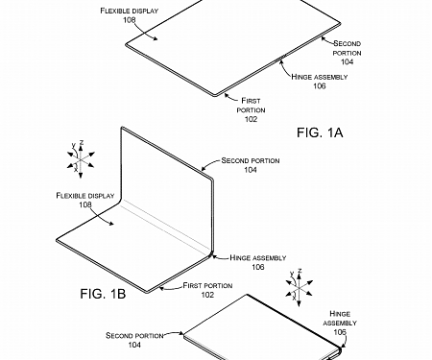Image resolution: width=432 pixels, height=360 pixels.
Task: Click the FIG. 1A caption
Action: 317,133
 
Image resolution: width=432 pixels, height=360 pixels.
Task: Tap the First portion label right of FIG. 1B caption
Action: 206,285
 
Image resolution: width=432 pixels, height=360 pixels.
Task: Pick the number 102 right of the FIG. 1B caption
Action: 206,296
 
